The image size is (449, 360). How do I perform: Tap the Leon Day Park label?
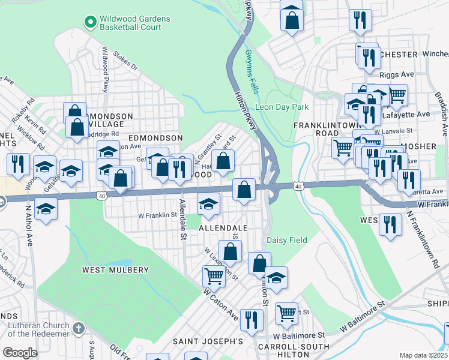click(282, 107)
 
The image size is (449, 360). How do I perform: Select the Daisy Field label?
click(286, 240)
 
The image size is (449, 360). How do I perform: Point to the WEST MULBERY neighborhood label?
click(115, 270)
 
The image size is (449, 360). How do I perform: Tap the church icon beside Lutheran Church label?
click(79, 328)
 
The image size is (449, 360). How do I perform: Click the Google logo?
click(20, 353)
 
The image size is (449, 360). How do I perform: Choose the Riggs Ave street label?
click(397, 75)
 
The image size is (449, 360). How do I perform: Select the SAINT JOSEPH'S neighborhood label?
click(208, 341)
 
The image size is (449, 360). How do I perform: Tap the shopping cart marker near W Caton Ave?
click(214, 276)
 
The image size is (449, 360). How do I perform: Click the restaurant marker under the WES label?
click(390, 225)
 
